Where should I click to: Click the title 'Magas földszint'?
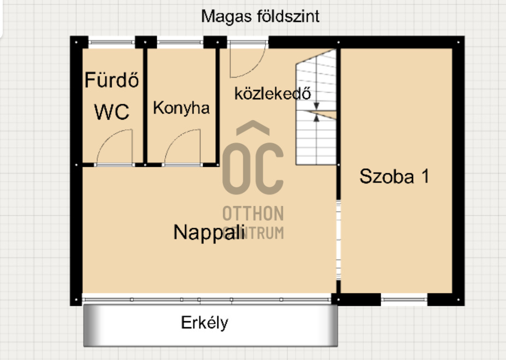pyautogui.click(x=260, y=16)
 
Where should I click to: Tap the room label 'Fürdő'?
pyautogui.click(x=111, y=81)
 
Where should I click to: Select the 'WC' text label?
pyautogui.click(x=111, y=112)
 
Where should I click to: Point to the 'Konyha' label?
pyautogui.click(x=181, y=108)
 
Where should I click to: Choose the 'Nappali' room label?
pyautogui.click(x=208, y=232)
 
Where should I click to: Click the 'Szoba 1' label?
pyautogui.click(x=394, y=176)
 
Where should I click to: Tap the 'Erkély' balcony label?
pyautogui.click(x=204, y=323)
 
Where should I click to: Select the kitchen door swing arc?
pyautogui.click(x=183, y=146)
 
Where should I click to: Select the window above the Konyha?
pyautogui.click(x=180, y=42)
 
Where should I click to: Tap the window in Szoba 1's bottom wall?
pyautogui.click(x=404, y=299)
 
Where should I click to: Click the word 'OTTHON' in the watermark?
pyautogui.click(x=253, y=213)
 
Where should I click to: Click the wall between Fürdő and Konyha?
pyautogui.click(x=146, y=104)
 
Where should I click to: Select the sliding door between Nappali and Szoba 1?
pyautogui.click(x=338, y=240)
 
